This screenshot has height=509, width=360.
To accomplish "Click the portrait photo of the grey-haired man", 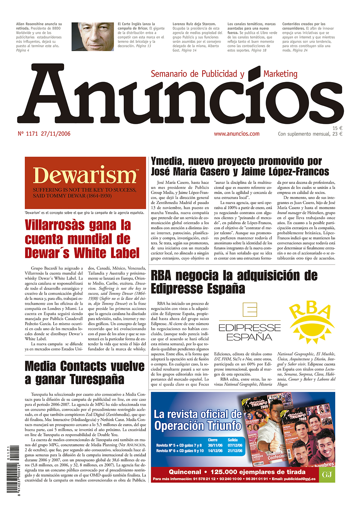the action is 93,37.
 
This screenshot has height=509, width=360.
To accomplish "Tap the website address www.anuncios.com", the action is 237,134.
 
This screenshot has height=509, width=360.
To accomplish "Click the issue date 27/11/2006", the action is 55,134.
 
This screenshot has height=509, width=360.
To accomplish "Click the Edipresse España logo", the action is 249,322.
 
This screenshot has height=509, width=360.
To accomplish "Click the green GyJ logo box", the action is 327,475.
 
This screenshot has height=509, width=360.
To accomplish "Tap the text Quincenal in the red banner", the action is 185,472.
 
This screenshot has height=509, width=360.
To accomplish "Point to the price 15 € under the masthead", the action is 337,128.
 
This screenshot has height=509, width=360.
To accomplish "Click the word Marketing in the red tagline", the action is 280,74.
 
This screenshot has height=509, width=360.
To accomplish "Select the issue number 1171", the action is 32,134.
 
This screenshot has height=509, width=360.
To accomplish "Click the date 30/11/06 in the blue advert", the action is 215,445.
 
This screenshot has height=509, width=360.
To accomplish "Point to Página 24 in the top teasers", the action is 300,50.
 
